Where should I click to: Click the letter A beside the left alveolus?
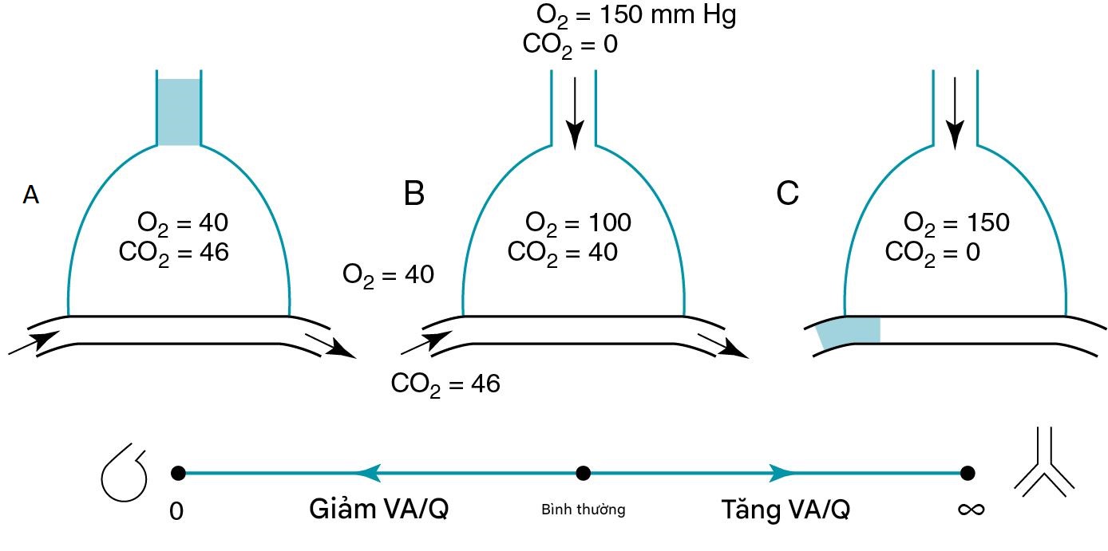(30, 195)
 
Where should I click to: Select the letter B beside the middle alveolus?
(414, 194)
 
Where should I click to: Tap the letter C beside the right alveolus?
(787, 194)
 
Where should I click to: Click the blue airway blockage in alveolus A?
(179, 112)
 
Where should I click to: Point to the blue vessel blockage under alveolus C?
(849, 331)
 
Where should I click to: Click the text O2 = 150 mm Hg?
(635, 16)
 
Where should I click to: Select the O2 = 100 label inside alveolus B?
(578, 223)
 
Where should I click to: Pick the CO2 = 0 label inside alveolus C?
(932, 253)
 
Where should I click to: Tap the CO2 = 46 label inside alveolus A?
(174, 253)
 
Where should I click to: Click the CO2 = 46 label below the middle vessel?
(445, 384)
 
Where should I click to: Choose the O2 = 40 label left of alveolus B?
(388, 275)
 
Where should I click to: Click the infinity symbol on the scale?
(971, 509)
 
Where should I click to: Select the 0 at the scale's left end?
(176, 511)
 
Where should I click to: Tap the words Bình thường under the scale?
(583, 510)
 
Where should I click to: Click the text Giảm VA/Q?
(378, 510)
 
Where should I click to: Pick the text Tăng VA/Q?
(785, 510)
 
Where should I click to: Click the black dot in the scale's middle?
(584, 473)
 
